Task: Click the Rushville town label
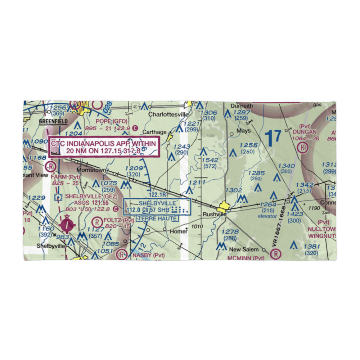pos(215,214)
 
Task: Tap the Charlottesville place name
pos(168,114)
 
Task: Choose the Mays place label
pos(243,131)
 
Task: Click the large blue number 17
pos(272,138)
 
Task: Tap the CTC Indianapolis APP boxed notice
pos(104,147)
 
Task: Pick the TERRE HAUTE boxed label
pos(157,219)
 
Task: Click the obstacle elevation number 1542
pos(210,160)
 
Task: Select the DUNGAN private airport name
pos(304,132)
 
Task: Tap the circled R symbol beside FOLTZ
pos(97,221)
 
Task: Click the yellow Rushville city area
pos(223,207)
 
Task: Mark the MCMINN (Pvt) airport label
pos(246,258)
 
